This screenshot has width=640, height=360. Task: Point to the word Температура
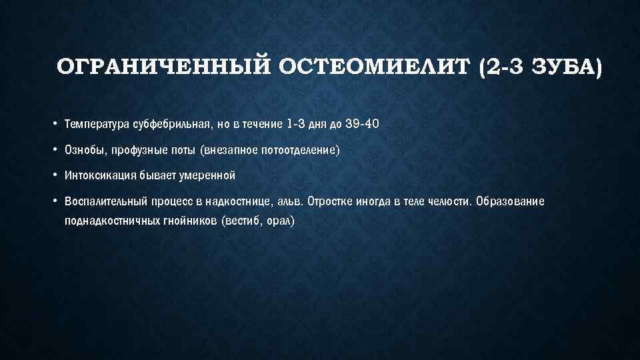pyautogui.click(x=93, y=125)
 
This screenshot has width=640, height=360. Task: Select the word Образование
pyautogui.click(x=511, y=202)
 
